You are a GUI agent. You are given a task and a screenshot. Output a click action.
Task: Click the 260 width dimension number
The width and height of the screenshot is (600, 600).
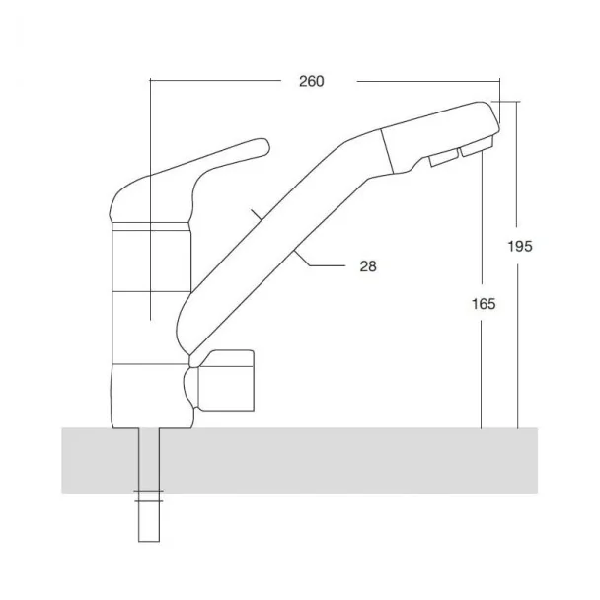[312, 81]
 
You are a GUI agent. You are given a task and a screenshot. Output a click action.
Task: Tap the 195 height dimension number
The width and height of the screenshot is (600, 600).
[520, 246]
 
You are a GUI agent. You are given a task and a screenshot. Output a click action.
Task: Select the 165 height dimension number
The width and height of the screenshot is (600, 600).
[484, 304]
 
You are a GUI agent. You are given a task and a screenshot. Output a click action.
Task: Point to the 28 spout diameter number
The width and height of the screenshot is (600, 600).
[368, 265]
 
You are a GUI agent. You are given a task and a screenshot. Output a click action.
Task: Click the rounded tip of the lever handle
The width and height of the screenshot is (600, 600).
[264, 146]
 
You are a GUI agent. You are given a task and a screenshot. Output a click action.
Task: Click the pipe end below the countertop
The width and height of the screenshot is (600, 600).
[149, 541]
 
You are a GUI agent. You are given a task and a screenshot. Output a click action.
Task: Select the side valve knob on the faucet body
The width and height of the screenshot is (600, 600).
[226, 380]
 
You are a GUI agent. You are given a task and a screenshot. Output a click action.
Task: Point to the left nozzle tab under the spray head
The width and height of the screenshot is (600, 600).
[445, 157]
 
